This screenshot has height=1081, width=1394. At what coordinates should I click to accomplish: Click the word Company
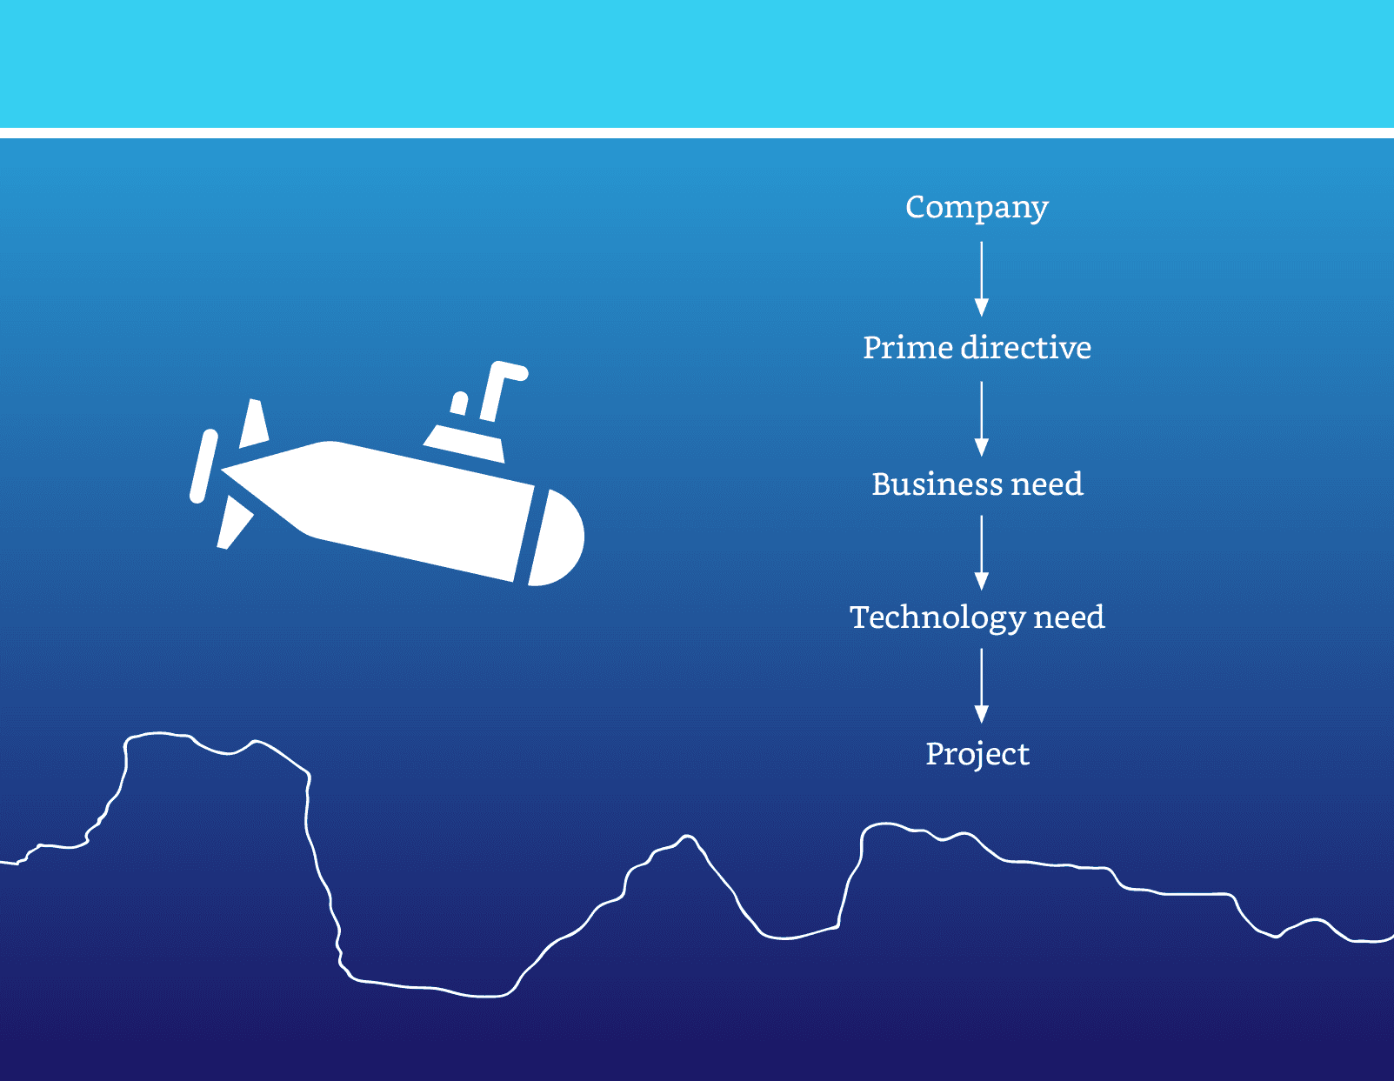977,207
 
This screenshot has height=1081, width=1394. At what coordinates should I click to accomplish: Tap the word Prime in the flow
907,348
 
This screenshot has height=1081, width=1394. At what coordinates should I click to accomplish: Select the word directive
1026,348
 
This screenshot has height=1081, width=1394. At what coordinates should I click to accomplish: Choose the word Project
977,754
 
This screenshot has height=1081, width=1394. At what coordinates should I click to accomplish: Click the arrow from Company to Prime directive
981,278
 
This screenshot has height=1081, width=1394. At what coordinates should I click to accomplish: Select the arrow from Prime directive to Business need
981,418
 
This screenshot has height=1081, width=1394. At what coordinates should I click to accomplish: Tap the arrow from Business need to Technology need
981,552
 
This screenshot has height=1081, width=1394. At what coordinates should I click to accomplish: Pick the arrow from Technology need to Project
981,685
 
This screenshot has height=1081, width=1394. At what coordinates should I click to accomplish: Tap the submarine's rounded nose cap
558,539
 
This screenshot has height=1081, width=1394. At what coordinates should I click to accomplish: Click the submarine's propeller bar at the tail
203,466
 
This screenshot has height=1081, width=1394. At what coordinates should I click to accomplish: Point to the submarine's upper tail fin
253,425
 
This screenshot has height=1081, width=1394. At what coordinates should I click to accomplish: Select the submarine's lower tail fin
233,522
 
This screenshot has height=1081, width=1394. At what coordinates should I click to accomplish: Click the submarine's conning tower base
466,443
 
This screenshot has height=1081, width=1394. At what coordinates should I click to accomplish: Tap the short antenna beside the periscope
459,404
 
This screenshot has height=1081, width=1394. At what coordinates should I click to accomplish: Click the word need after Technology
1069,617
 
